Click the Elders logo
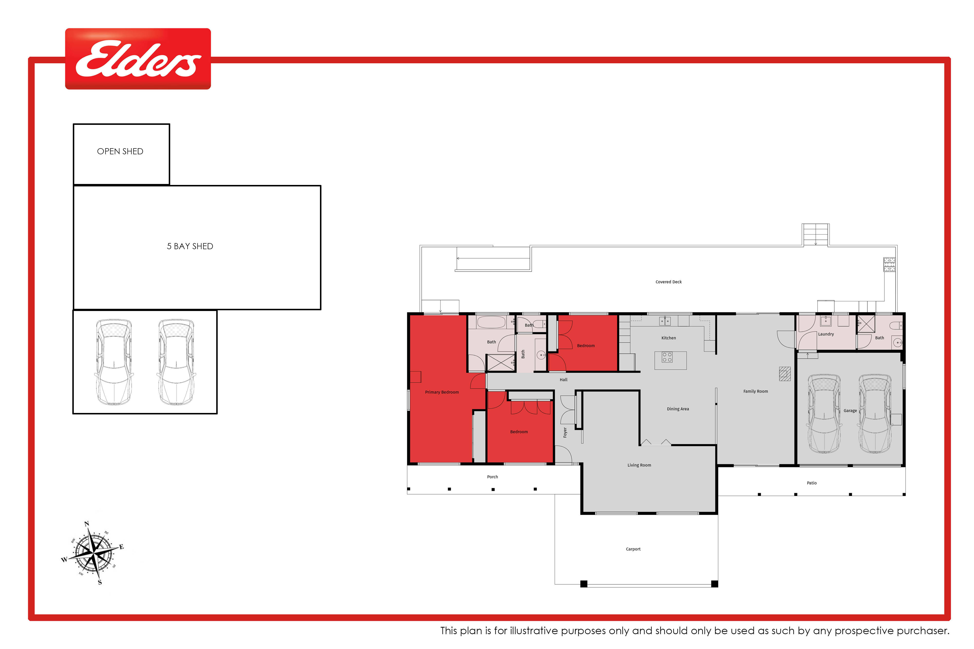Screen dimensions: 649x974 (138, 59)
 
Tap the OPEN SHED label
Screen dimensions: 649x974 (120, 152)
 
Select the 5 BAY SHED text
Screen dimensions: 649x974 (190, 246)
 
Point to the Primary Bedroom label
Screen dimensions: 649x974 (442, 392)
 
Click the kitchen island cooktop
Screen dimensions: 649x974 (667, 357)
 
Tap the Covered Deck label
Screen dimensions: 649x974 (668, 282)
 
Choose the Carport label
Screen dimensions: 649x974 (633, 549)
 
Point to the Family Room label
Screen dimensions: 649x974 (755, 391)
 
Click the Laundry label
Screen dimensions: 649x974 (826, 334)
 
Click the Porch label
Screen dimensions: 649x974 (492, 477)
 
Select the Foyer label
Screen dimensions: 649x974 (565, 432)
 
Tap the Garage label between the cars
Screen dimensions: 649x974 (850, 411)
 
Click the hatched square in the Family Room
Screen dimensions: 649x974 (785, 374)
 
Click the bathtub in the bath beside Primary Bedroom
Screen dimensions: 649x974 (491, 322)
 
